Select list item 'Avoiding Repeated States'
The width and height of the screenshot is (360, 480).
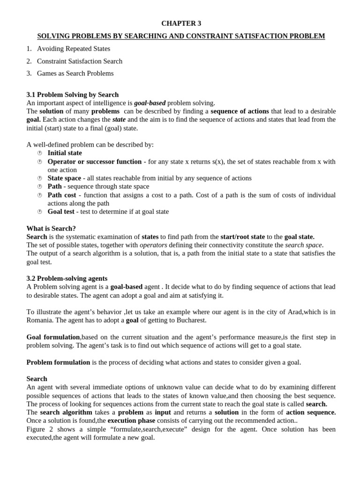click(x=74, y=49)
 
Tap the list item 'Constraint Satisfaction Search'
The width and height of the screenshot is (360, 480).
click(x=79, y=61)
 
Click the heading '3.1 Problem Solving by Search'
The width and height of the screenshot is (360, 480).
click(x=73, y=95)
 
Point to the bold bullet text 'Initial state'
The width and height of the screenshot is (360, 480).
click(x=65, y=153)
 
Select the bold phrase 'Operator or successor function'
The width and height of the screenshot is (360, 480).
click(x=94, y=161)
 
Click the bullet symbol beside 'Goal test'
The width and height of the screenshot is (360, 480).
click(x=40, y=212)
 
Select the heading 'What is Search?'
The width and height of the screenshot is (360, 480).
click(x=51, y=228)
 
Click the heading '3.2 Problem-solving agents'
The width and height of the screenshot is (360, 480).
click(x=67, y=278)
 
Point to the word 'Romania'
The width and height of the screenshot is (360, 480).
click(x=42, y=320)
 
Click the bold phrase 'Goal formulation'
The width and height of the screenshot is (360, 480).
click(x=53, y=337)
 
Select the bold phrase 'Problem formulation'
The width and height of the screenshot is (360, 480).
click(x=58, y=362)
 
